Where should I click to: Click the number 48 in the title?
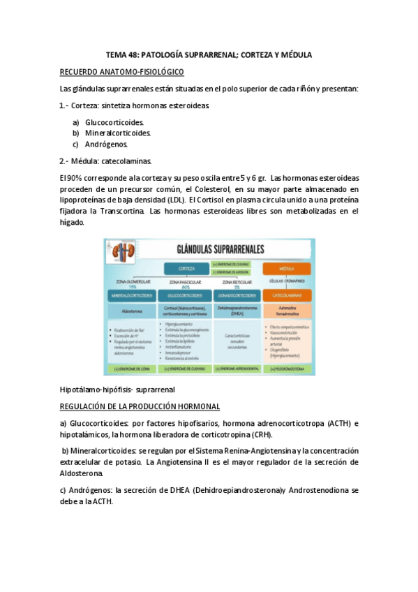(133, 54)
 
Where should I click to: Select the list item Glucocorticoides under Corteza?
(114, 122)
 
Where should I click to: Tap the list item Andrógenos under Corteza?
(107, 144)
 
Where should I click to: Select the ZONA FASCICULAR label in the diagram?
(185, 281)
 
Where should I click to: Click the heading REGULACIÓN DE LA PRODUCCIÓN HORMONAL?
(140, 406)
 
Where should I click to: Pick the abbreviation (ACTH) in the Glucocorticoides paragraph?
(336, 423)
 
